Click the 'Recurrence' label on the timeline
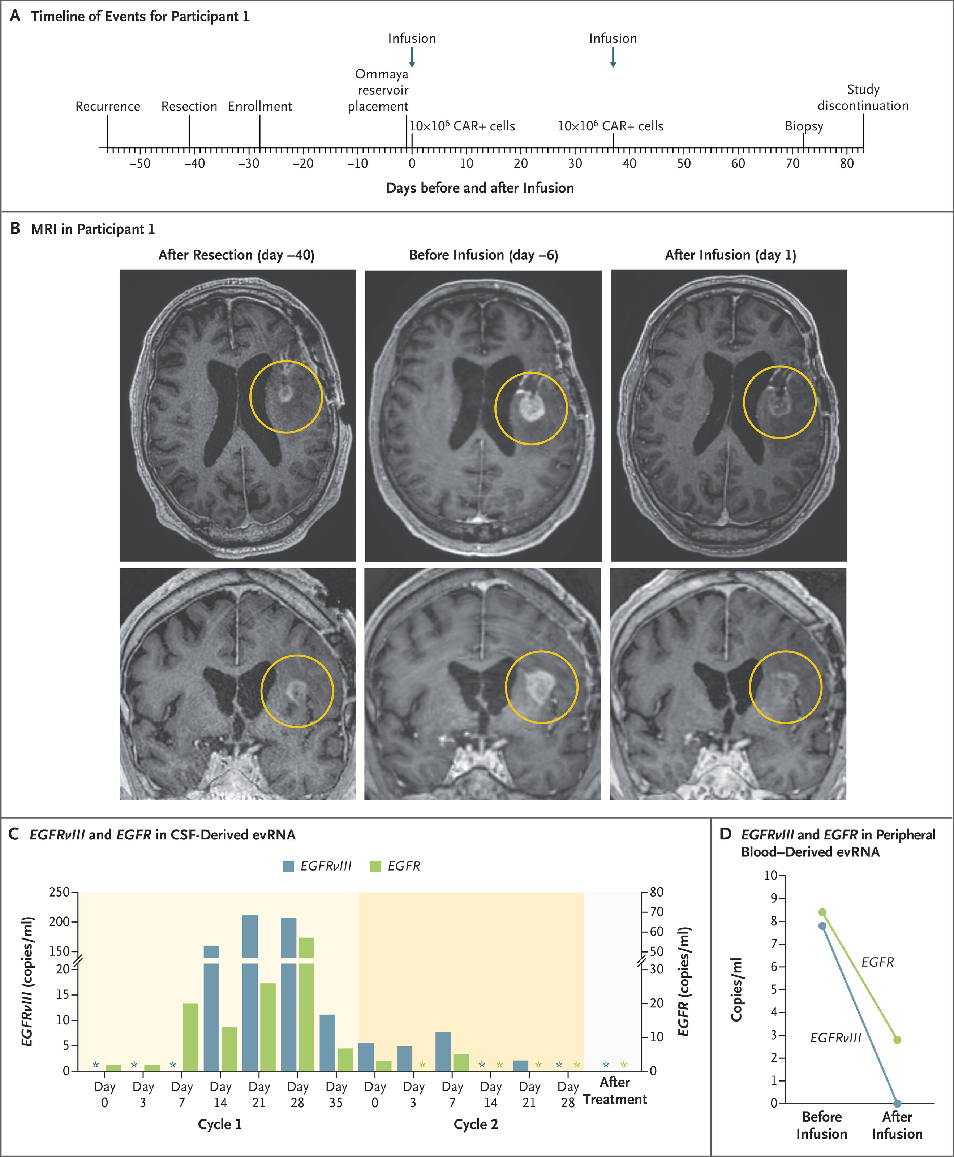click(x=108, y=106)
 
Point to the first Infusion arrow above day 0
click(x=412, y=57)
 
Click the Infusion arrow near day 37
click(x=613, y=57)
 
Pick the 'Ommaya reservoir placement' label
click(x=379, y=90)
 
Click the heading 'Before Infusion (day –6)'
click(x=483, y=255)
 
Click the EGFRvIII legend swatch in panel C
click(x=288, y=866)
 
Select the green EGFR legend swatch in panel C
click(x=376, y=866)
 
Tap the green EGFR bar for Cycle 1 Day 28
click(x=306, y=1005)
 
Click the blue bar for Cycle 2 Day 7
click(x=443, y=1051)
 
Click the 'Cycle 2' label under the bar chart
click(x=475, y=1124)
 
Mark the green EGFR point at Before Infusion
click(x=822, y=912)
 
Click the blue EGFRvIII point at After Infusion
click(x=897, y=1103)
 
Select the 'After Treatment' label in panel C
click(x=614, y=1091)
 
